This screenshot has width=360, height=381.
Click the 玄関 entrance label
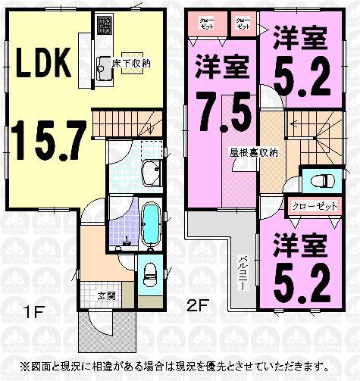(x=105, y=295)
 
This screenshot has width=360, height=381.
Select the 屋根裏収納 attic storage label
(x=254, y=151)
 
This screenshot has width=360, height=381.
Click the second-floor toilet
(x=319, y=180)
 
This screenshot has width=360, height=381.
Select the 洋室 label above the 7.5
(x=222, y=67)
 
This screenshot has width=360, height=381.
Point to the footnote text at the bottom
(x=180, y=366)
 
